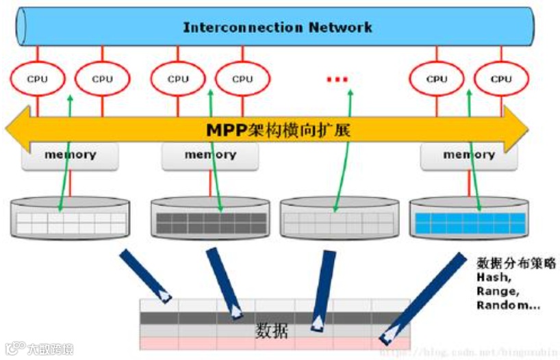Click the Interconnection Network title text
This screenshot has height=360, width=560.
tap(278, 27)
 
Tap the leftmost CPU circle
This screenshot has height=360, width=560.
tap(38, 79)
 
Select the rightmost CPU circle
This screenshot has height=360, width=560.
tap(501, 79)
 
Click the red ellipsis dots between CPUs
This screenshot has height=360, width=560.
tap(338, 79)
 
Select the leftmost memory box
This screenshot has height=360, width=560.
tap(70, 155)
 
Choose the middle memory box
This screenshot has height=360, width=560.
tap(210, 155)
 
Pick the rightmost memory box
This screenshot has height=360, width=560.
tap(469, 155)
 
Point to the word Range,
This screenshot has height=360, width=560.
tap(497, 291)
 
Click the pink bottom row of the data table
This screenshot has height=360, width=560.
tap(274, 343)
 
